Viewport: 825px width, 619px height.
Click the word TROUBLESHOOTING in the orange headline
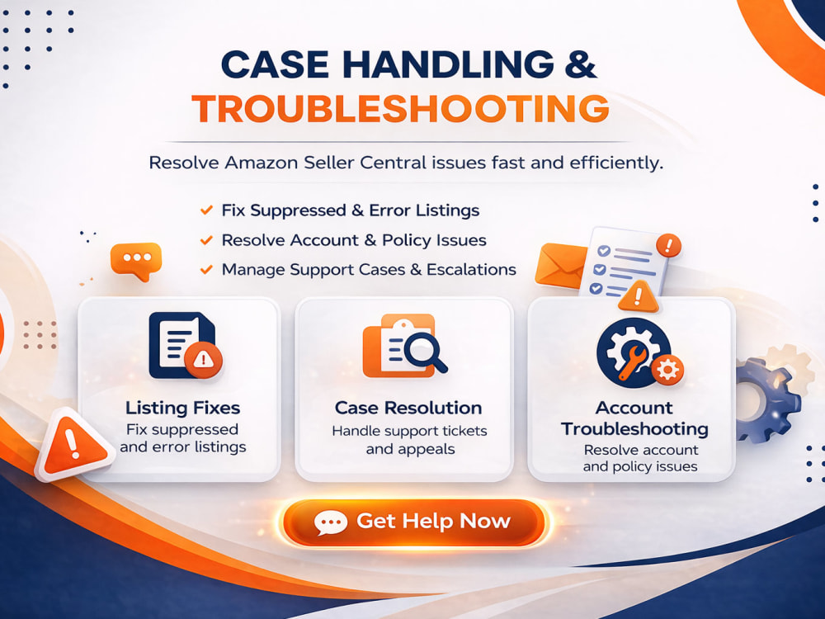coord(400,109)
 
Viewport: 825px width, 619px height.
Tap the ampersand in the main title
coord(580,64)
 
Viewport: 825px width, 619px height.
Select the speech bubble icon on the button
coord(331,522)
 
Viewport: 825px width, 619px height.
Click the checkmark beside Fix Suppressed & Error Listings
coord(206,210)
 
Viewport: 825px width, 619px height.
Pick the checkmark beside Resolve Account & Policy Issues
coord(206,240)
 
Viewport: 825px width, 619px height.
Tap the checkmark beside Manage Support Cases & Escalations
coord(206,270)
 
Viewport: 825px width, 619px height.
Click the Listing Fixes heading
coord(182,408)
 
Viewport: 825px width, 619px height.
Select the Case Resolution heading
coord(408,408)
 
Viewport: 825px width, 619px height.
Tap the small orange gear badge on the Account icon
coord(667,370)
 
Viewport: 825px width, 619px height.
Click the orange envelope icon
coord(560,265)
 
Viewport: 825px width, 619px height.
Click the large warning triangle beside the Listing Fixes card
coord(73,446)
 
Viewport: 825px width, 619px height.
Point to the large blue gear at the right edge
coord(764,399)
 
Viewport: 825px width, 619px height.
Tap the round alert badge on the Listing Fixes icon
coord(203,360)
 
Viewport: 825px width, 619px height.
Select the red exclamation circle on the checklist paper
coord(669,245)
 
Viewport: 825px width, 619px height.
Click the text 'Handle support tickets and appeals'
coord(410,440)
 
